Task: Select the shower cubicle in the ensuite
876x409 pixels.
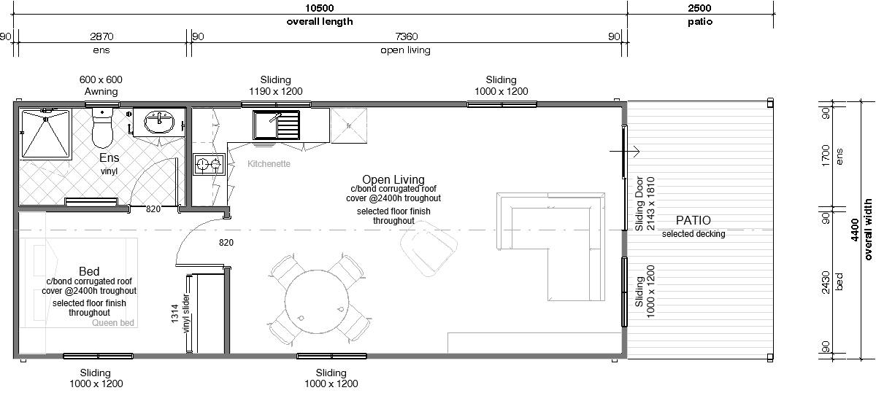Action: click(x=46, y=134)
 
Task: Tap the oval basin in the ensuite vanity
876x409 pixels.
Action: click(x=159, y=122)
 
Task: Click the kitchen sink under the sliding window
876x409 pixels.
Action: click(x=276, y=125)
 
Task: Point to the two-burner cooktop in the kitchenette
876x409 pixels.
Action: click(x=210, y=164)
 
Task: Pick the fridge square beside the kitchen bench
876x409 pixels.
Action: click(x=349, y=126)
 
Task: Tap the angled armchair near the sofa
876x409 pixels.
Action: click(x=429, y=249)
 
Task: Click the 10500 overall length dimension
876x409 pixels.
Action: click(x=320, y=8)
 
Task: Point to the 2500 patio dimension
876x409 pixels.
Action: click(x=699, y=8)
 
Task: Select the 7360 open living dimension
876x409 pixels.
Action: click(x=407, y=36)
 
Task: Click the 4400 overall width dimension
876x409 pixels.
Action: click(x=855, y=230)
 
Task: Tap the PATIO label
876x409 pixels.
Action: click(x=693, y=220)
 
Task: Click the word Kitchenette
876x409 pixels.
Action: click(x=269, y=164)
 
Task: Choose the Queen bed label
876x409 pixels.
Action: click(x=113, y=323)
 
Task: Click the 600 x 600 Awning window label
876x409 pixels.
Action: click(x=101, y=85)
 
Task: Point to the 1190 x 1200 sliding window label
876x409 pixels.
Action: click(x=276, y=85)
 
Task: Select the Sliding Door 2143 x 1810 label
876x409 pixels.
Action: click(x=645, y=203)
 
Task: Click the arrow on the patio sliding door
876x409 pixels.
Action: click(x=625, y=151)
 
